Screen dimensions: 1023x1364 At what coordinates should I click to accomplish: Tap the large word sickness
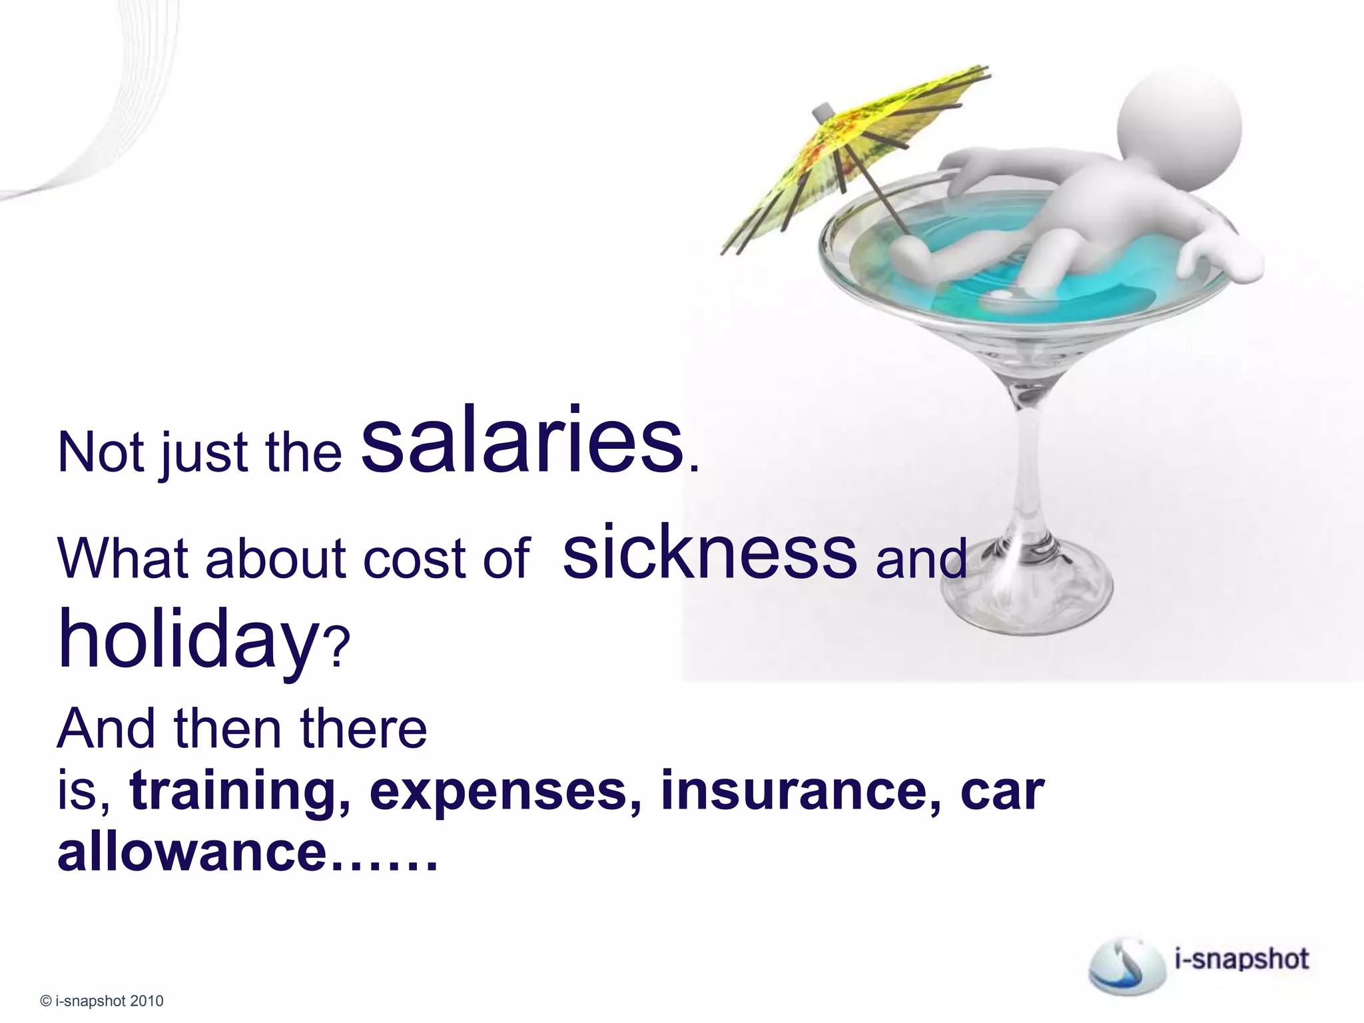click(x=709, y=552)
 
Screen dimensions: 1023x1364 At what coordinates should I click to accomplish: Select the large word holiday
click(x=188, y=637)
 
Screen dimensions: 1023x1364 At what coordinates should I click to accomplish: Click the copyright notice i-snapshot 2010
click(x=102, y=1000)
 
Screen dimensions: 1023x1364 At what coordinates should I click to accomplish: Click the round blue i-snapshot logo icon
click(x=1127, y=964)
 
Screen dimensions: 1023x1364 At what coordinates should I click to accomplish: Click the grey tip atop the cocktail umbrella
click(x=823, y=111)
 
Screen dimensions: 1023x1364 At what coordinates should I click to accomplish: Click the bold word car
click(x=1002, y=791)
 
